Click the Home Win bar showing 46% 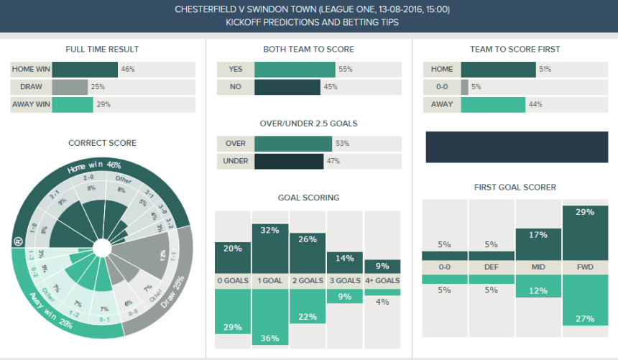85,70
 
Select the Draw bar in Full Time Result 70,87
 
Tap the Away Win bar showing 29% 73,105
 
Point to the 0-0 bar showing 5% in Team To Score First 464,87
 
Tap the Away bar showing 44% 493,105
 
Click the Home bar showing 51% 498,70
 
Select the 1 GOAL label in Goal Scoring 270,281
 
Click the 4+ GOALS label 382,281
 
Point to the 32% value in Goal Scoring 270,231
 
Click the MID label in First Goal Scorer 538,267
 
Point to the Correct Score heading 102,143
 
